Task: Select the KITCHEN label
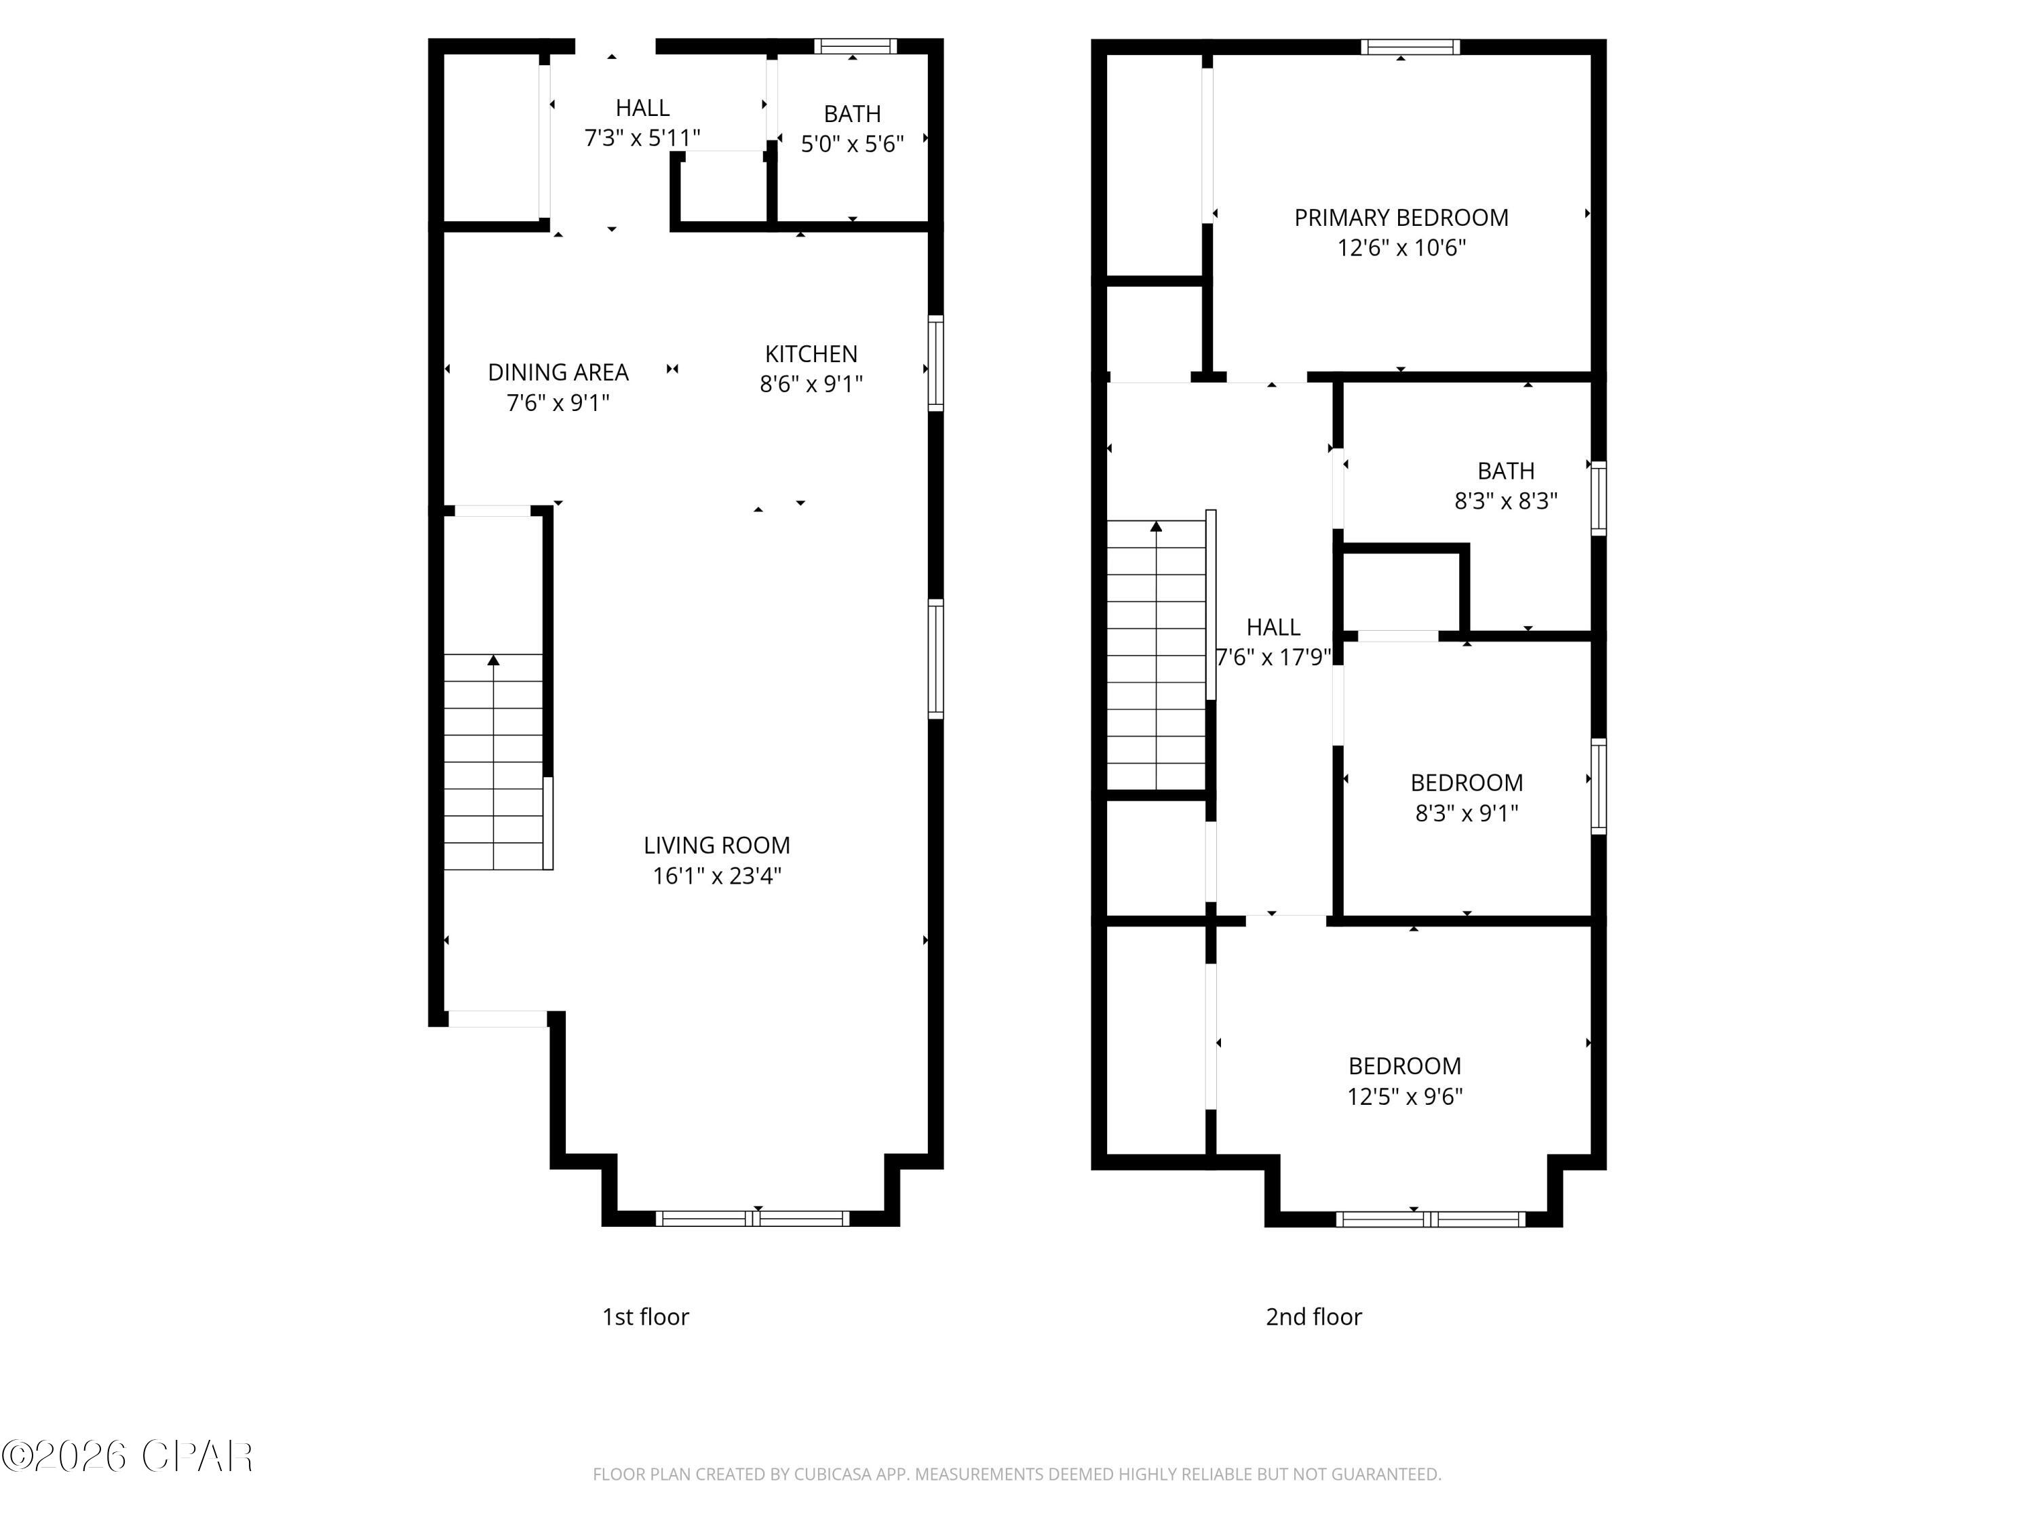(811, 354)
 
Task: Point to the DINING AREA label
(558, 372)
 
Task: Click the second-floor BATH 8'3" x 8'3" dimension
(1505, 501)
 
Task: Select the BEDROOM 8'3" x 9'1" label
(1467, 783)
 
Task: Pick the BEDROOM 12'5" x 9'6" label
(1404, 1066)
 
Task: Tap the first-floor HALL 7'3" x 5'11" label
(642, 122)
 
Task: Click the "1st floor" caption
(645, 1317)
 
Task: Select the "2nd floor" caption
(1313, 1317)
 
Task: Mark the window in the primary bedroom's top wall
(1410, 47)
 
